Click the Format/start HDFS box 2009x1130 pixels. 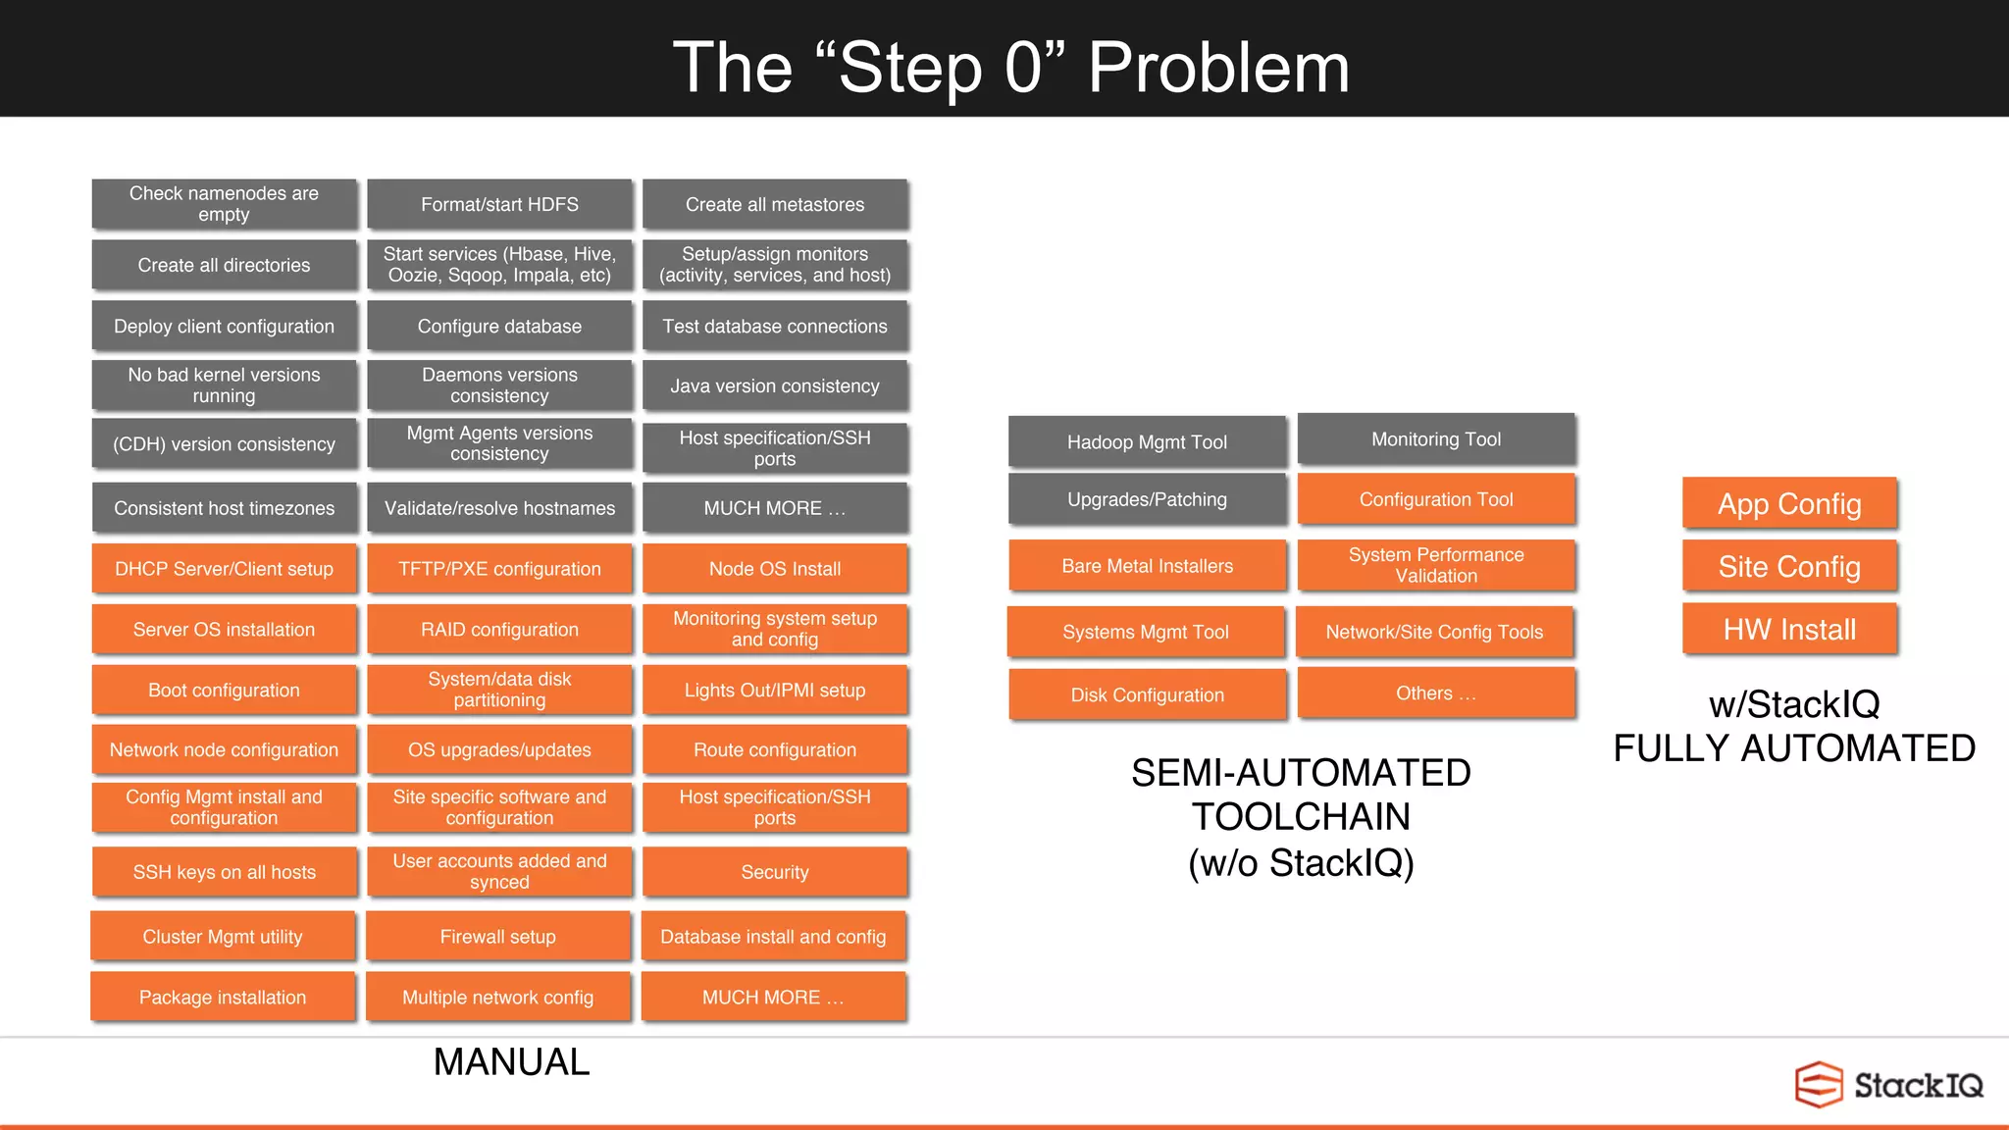[499, 204]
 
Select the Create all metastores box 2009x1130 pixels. [775, 204]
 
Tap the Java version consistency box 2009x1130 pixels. [775, 386]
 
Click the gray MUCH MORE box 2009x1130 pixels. [775, 508]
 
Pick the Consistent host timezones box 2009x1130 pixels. [224, 508]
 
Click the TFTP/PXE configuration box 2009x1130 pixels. [499, 569]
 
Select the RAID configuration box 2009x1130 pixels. [499, 630]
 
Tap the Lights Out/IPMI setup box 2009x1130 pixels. [775, 691]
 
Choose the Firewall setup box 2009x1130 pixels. [498, 937]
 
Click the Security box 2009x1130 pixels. [775, 872]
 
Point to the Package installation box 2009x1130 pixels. [223, 998]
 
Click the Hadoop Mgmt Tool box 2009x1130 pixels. [1147, 442]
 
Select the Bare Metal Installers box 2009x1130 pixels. [1147, 566]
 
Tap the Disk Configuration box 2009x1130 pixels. [1147, 695]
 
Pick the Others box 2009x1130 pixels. [1435, 693]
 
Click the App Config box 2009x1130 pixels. [1789, 504]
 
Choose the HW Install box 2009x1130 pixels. [1789, 630]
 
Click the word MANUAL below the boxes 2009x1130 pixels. [511, 1062]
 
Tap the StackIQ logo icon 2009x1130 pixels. [1819, 1085]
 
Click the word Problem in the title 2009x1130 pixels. [1218, 69]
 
